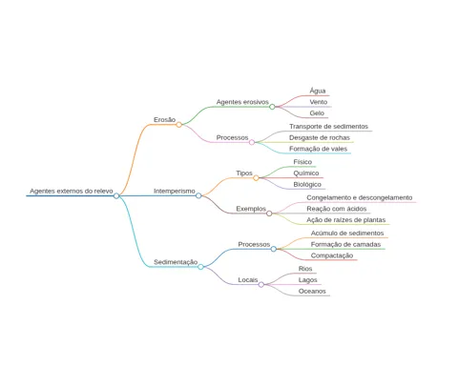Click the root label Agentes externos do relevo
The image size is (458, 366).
pos(72,191)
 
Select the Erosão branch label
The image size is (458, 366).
pos(164,120)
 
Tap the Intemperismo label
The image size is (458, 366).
pos(175,191)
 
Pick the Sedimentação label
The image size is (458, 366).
pos(176,262)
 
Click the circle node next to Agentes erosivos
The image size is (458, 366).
pos(272,107)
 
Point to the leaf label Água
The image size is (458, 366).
pos(318,91)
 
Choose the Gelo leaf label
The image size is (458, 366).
pos(317,113)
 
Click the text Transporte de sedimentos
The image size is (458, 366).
pos(328,127)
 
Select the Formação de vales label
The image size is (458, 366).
pos(318,149)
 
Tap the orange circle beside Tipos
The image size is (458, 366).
pos(256,178)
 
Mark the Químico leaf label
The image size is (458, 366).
pos(306,173)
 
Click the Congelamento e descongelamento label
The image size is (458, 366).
pos(360,197)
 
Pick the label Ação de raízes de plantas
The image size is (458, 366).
pos(346,220)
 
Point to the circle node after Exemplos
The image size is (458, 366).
pos(269,213)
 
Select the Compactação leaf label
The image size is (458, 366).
pos(332,255)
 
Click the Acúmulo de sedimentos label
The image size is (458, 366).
pos(347,234)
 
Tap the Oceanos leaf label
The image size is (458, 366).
pos(312,291)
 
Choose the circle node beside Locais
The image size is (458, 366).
pos(261,285)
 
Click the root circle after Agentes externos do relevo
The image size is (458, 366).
pos(116,195)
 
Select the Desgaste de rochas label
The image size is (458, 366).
pos(320,137)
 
